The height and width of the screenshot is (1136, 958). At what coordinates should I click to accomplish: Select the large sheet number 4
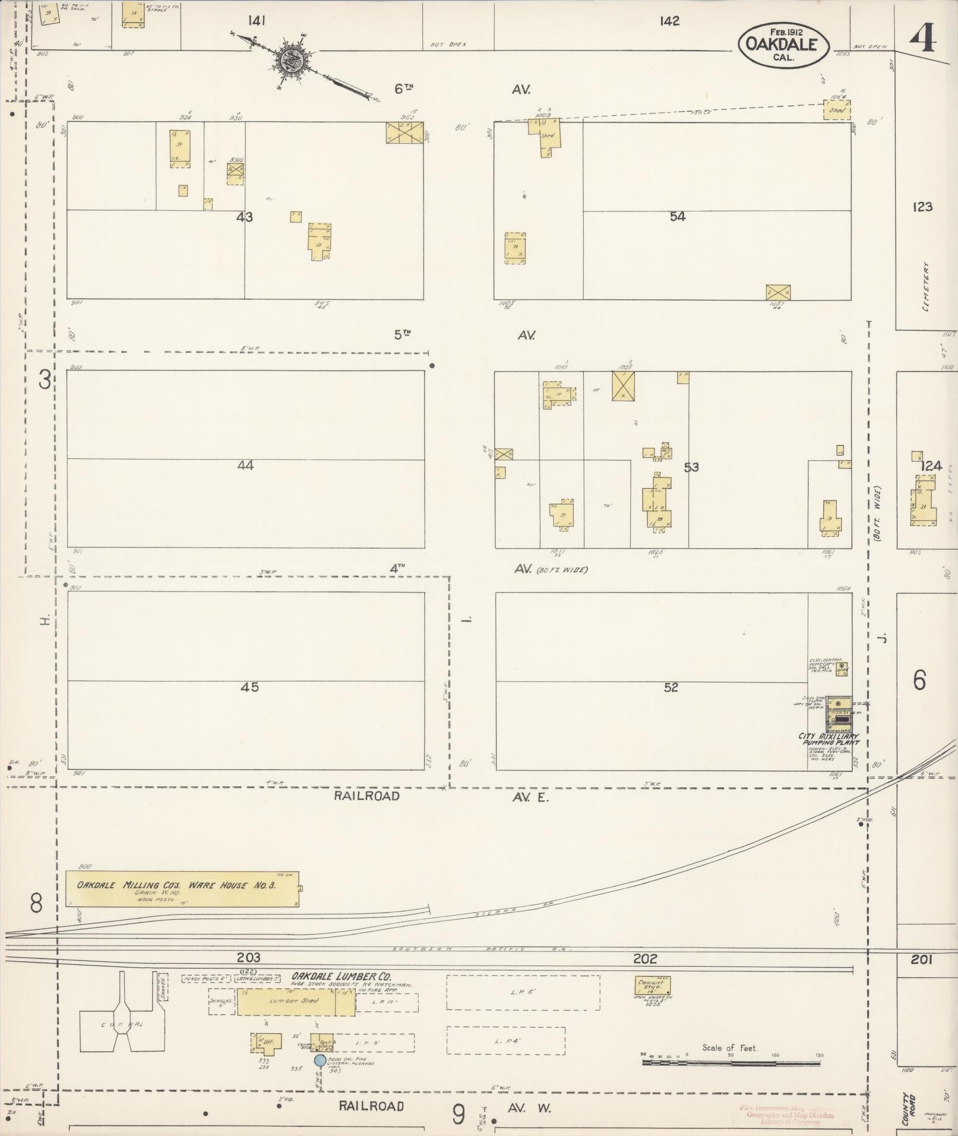coord(922,40)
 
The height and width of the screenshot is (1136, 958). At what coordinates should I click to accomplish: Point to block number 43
coord(244,217)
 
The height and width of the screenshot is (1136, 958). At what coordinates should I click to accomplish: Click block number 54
coord(677,217)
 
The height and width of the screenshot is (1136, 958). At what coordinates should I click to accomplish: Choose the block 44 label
coord(245,466)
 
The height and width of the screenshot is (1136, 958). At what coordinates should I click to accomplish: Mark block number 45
coord(249,687)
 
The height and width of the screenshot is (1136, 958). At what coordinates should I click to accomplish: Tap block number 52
coord(671,688)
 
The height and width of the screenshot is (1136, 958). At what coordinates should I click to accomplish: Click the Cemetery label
coord(926,287)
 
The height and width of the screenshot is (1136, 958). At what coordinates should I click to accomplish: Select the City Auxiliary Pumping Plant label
coord(829,739)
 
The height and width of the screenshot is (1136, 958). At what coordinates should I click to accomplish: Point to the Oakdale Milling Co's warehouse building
coord(182,889)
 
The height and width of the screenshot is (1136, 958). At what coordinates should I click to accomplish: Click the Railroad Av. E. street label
coord(440,796)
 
